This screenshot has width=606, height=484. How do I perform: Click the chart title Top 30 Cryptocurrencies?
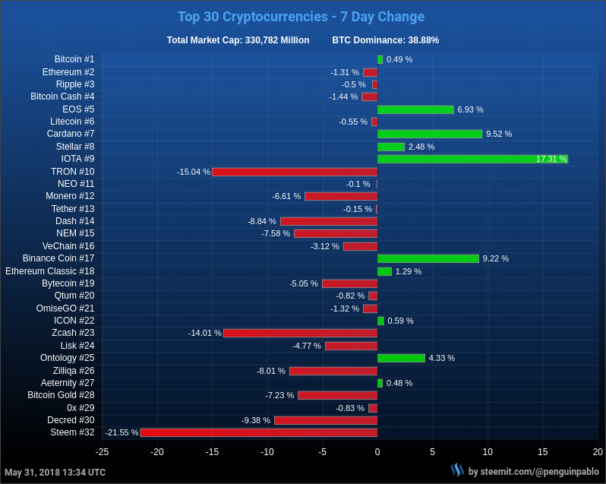(x=301, y=17)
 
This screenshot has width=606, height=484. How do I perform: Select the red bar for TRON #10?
(x=295, y=172)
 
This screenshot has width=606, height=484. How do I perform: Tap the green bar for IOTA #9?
(x=472, y=159)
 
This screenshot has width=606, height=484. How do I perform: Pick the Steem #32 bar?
(x=259, y=432)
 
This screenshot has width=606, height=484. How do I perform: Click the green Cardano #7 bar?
(x=430, y=134)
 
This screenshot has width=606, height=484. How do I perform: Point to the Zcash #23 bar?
(x=300, y=333)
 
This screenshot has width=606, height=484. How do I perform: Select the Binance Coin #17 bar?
(x=428, y=258)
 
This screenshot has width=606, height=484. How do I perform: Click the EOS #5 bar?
(x=415, y=109)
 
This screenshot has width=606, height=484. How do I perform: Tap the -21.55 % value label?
(x=122, y=432)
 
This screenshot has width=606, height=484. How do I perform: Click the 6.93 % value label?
(x=470, y=109)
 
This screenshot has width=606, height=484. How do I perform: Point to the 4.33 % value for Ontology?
(x=442, y=358)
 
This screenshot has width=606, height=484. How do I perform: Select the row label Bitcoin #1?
(x=74, y=59)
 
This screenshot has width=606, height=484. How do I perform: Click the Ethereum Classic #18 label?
(x=50, y=271)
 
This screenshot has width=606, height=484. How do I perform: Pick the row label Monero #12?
(x=70, y=196)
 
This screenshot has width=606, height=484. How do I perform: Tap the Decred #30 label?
(x=71, y=420)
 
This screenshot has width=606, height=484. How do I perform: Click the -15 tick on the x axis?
(x=212, y=452)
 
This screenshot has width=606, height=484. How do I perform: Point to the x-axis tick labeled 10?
(x=488, y=452)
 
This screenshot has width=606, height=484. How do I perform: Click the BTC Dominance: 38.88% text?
(x=385, y=40)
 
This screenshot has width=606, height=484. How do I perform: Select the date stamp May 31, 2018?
(x=55, y=473)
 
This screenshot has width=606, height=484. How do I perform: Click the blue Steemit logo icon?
(x=457, y=470)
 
